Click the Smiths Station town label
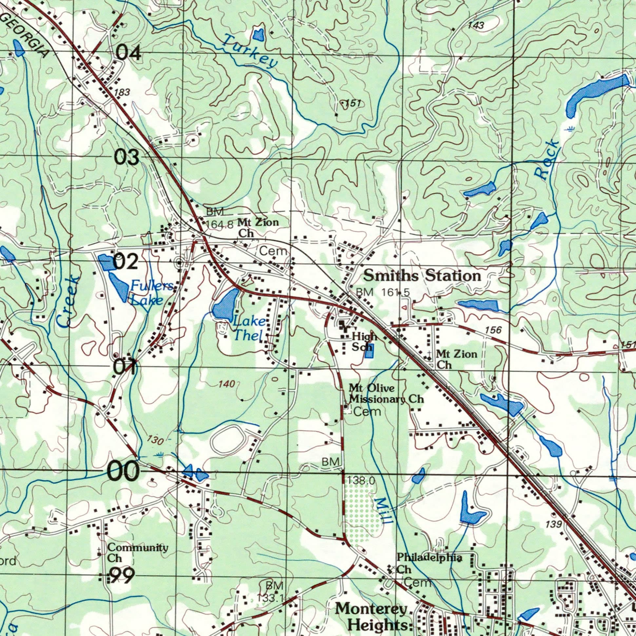tap(422, 276)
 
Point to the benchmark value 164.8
tap(219, 224)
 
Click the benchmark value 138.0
tap(361, 481)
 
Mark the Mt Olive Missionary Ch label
tap(386, 394)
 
